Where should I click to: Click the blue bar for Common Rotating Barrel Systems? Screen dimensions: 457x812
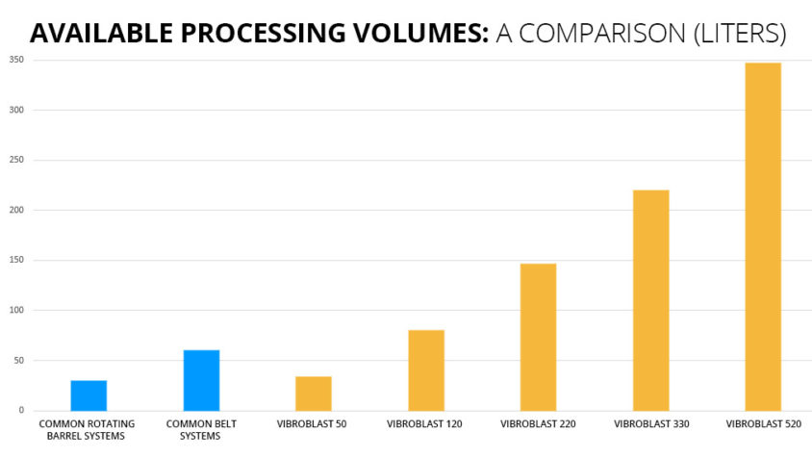(x=89, y=395)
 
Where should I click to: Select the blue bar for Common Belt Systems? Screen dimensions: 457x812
(x=201, y=380)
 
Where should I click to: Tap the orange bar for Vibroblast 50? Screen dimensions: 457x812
(x=314, y=394)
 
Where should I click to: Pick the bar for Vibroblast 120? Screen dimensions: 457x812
(x=426, y=370)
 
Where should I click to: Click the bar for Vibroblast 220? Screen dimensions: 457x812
(x=539, y=337)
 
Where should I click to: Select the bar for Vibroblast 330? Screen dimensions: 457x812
(x=651, y=300)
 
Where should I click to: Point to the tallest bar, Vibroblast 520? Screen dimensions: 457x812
(x=764, y=237)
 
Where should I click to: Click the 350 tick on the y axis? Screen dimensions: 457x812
(x=16, y=60)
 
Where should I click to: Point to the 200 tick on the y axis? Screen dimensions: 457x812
(x=16, y=210)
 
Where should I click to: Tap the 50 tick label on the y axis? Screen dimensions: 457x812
(x=18, y=361)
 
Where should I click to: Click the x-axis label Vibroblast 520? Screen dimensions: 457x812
(x=763, y=423)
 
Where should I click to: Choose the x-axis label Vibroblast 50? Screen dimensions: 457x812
(x=314, y=423)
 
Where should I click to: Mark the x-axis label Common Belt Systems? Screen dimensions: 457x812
(x=201, y=429)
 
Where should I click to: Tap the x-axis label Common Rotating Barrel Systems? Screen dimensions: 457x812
(x=87, y=429)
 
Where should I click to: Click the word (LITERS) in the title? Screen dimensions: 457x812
(x=737, y=34)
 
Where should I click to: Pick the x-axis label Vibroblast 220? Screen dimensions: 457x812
(x=538, y=423)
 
